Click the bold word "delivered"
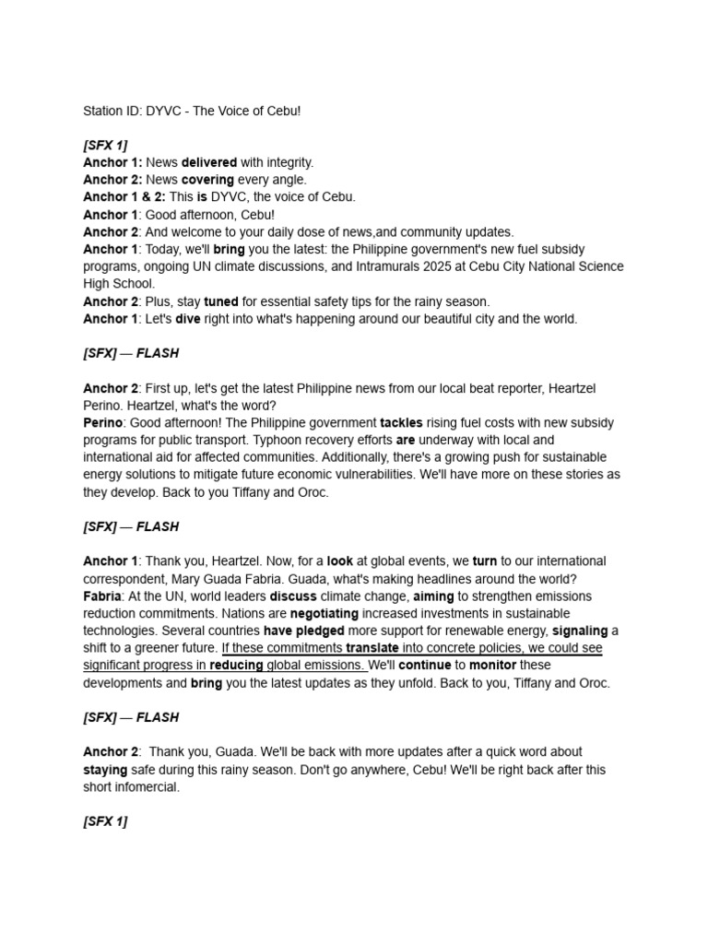point(209,162)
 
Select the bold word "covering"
point(207,180)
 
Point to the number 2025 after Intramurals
point(420,266)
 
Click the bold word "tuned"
point(221,301)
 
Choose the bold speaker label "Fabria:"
point(103,596)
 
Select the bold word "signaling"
point(580,631)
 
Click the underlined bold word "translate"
point(372,648)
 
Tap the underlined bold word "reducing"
point(236,666)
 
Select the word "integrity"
point(289,162)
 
